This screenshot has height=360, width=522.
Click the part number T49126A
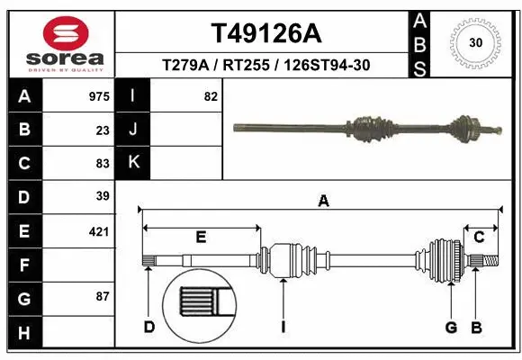point(265,33)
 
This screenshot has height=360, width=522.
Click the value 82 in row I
point(211,95)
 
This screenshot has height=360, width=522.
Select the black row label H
point(23,333)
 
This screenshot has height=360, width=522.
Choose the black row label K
point(133,163)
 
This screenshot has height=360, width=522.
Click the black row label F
point(23,265)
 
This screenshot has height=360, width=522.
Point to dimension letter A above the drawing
point(323,202)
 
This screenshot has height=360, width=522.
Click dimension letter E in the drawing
point(201,237)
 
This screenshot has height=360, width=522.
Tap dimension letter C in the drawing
point(480,237)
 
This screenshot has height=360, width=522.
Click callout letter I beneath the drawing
point(283,327)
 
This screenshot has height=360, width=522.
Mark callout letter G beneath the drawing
point(451,327)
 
